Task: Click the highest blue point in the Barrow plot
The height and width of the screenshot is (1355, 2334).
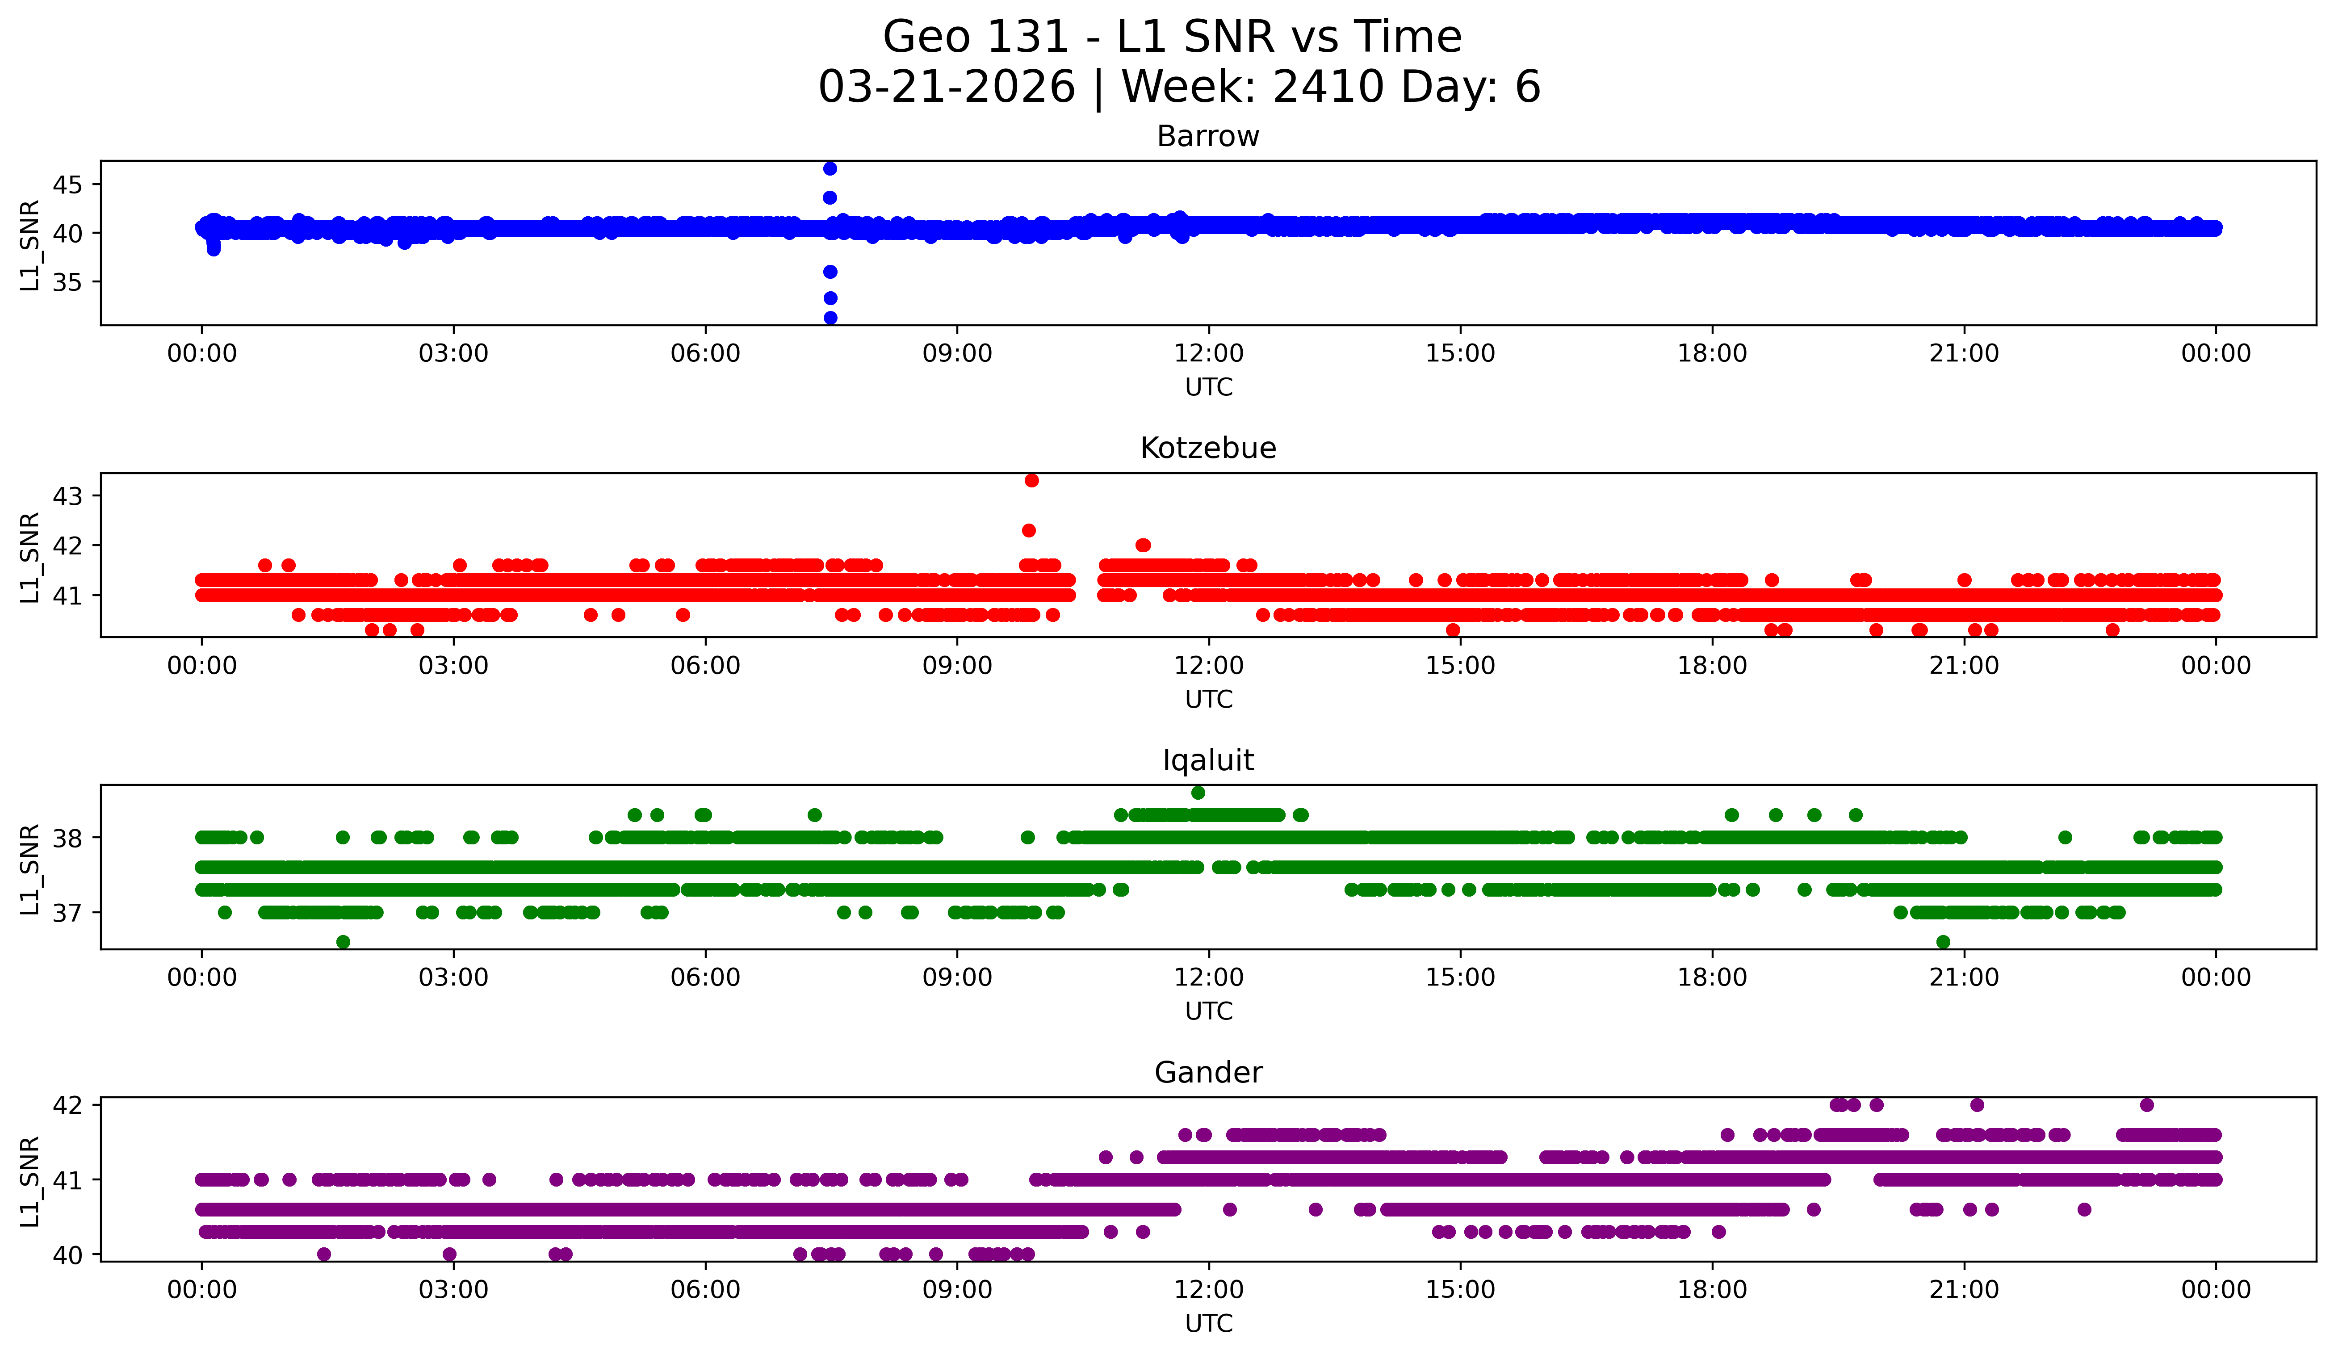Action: [x=830, y=168]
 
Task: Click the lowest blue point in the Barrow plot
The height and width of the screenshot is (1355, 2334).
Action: [x=831, y=318]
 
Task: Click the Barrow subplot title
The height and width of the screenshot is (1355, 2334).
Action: [x=1208, y=136]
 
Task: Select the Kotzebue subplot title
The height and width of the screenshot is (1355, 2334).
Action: [x=1208, y=448]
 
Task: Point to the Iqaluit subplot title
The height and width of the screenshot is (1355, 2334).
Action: [x=1208, y=760]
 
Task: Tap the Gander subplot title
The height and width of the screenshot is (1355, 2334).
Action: [x=1208, y=1073]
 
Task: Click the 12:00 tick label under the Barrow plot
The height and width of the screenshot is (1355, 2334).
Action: [x=1209, y=354]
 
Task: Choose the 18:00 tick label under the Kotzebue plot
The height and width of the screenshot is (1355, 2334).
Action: [x=1712, y=666]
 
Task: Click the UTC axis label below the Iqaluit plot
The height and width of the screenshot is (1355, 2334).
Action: [x=1209, y=1011]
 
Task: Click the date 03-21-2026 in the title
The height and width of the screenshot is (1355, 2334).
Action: [x=947, y=87]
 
